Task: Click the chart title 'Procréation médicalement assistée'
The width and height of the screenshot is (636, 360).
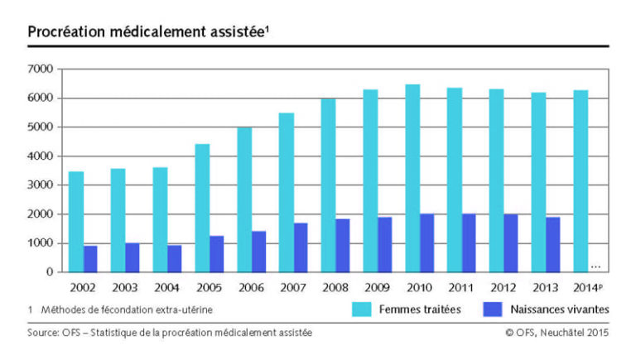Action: [149, 31]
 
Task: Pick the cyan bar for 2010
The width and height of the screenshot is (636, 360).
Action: [412, 178]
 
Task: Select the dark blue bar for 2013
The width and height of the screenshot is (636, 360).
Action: [553, 245]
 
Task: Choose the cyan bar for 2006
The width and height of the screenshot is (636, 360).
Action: [244, 199]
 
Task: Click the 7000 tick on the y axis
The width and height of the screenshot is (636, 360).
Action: [41, 70]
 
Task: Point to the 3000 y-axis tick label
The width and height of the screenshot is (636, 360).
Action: [41, 185]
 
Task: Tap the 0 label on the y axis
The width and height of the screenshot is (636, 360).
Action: [50, 272]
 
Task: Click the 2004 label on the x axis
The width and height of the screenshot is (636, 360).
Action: [167, 290]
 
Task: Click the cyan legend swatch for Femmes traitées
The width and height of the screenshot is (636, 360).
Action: [363, 310]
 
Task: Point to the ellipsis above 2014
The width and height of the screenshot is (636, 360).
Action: [595, 266]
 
